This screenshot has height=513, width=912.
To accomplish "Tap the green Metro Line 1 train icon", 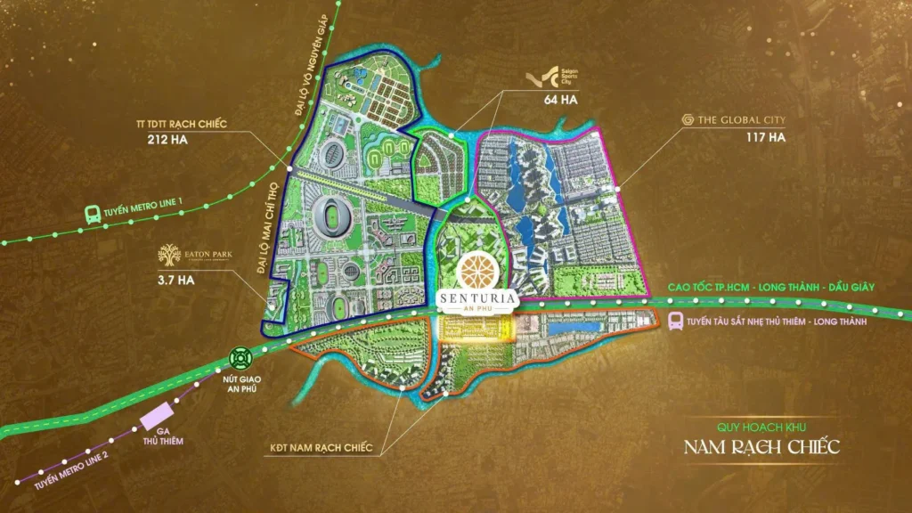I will pyautogui.click(x=91, y=214).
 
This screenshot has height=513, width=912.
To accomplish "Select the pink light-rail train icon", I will pyautogui.click(x=676, y=321).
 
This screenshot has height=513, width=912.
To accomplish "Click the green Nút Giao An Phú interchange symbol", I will pyautogui.click(x=241, y=358).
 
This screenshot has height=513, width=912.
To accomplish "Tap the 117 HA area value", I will pyautogui.click(x=766, y=137).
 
